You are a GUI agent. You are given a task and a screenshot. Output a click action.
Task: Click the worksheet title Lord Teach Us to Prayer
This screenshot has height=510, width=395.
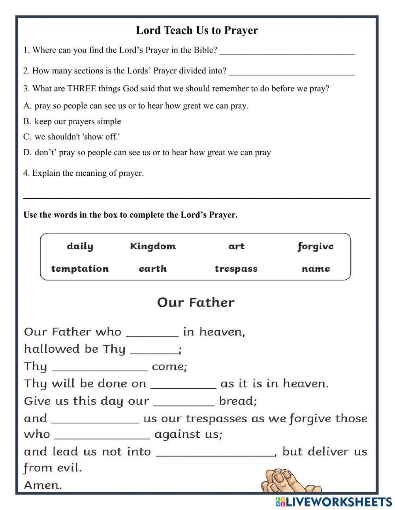click(x=197, y=30)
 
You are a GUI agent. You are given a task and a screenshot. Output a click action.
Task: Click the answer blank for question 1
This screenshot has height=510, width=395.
click(x=287, y=51)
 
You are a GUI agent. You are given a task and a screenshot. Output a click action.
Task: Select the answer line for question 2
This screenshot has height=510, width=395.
click(x=292, y=72)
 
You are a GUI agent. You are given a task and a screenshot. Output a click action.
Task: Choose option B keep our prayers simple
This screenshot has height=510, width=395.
click(x=77, y=121)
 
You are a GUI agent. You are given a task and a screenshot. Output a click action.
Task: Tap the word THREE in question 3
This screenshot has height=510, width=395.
click(x=82, y=88)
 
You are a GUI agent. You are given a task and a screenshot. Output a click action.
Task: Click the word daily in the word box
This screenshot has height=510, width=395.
click(x=80, y=247)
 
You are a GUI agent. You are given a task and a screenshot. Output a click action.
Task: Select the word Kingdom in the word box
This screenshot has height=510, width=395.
click(x=153, y=247)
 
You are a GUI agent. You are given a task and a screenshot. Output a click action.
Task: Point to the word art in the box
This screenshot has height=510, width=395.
click(x=236, y=247)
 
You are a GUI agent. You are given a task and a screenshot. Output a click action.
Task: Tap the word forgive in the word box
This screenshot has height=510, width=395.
click(x=315, y=247)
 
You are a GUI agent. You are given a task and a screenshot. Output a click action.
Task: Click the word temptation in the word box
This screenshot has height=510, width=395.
click(x=80, y=269)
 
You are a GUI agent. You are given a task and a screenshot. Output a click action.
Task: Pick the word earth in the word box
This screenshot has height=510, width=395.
click(x=153, y=269)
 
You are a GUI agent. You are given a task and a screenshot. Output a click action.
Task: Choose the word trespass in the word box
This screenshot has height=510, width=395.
click(x=236, y=269)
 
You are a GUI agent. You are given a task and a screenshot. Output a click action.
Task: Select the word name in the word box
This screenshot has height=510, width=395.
click(x=316, y=269)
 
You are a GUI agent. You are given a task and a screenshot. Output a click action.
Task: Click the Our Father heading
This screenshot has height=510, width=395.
click(x=196, y=303)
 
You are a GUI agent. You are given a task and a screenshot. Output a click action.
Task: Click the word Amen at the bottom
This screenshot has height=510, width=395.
click(x=43, y=485)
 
